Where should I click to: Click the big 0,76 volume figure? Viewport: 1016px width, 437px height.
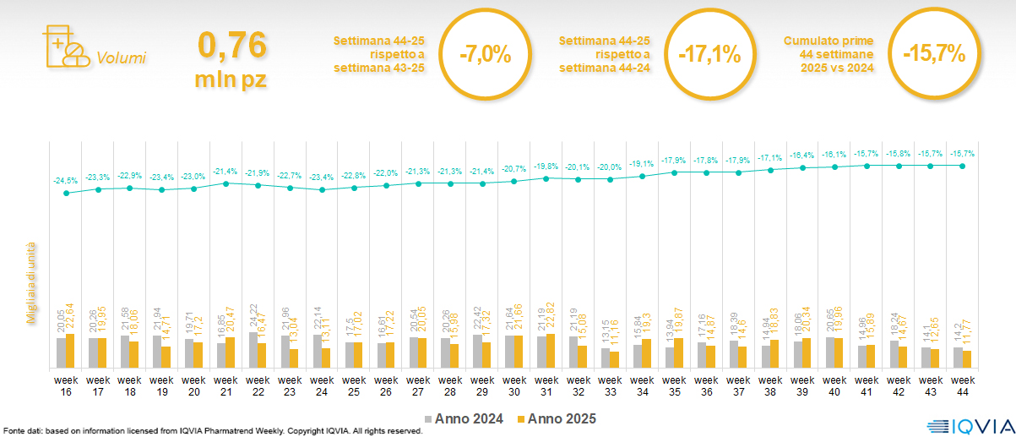(x=231, y=45)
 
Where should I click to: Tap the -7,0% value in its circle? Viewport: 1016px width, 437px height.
(x=486, y=55)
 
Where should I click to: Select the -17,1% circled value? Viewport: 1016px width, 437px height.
(x=709, y=55)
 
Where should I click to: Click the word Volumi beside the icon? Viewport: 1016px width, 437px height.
(x=121, y=58)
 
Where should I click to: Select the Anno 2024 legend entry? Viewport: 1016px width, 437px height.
(x=465, y=418)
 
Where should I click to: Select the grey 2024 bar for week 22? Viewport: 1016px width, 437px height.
(x=253, y=350)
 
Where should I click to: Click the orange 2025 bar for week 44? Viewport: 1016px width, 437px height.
(x=968, y=359)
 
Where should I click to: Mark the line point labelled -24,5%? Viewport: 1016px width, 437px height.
(x=66, y=193)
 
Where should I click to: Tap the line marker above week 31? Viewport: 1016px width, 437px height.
(x=546, y=178)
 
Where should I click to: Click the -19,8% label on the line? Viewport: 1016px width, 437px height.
(x=546, y=167)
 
